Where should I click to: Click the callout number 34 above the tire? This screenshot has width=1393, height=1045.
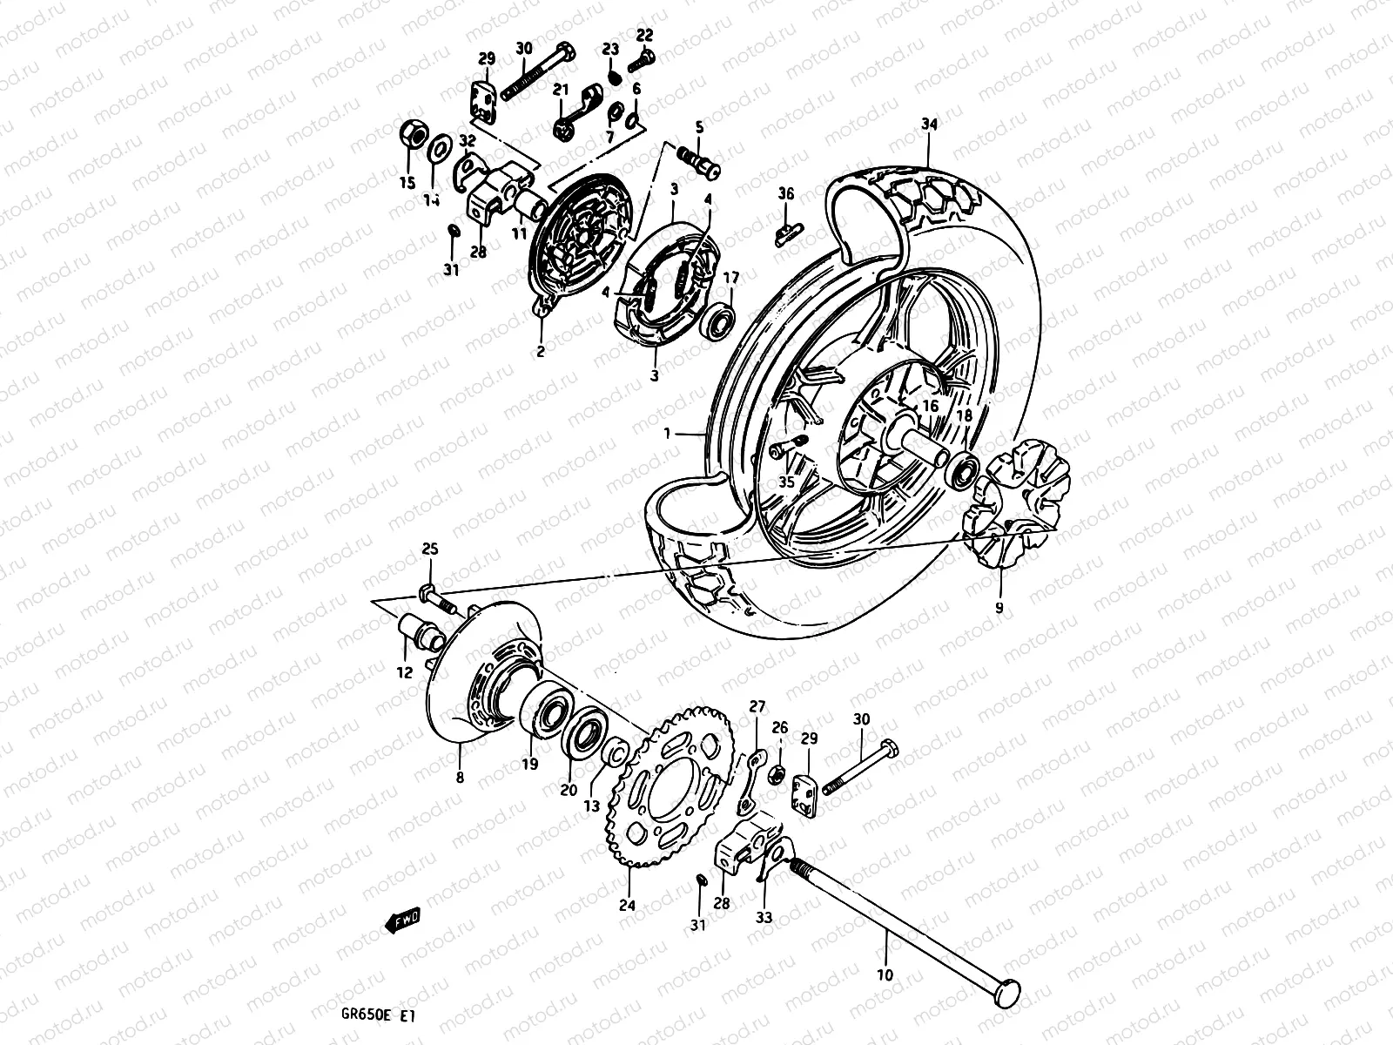tap(929, 125)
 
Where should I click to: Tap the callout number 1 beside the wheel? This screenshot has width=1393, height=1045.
tap(666, 433)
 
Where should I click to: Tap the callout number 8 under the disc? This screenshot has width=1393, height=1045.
tap(459, 777)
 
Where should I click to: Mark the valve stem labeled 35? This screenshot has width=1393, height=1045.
tap(788, 448)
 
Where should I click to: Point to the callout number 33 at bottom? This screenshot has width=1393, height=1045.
tap(764, 916)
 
